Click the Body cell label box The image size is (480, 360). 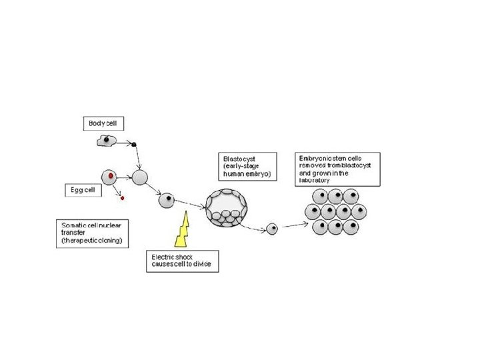pyautogui.click(x=105, y=123)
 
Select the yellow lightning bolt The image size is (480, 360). pyautogui.click(x=182, y=229)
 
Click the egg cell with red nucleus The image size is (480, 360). pyautogui.click(x=109, y=177)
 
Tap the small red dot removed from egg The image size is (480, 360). pyautogui.click(x=123, y=198)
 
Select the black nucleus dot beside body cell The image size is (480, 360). pyautogui.click(x=134, y=144)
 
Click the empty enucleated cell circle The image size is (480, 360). pyautogui.click(x=140, y=177)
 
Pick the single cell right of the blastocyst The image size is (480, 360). pyautogui.click(x=272, y=229)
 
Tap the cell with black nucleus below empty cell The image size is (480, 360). pyautogui.click(x=166, y=199)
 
